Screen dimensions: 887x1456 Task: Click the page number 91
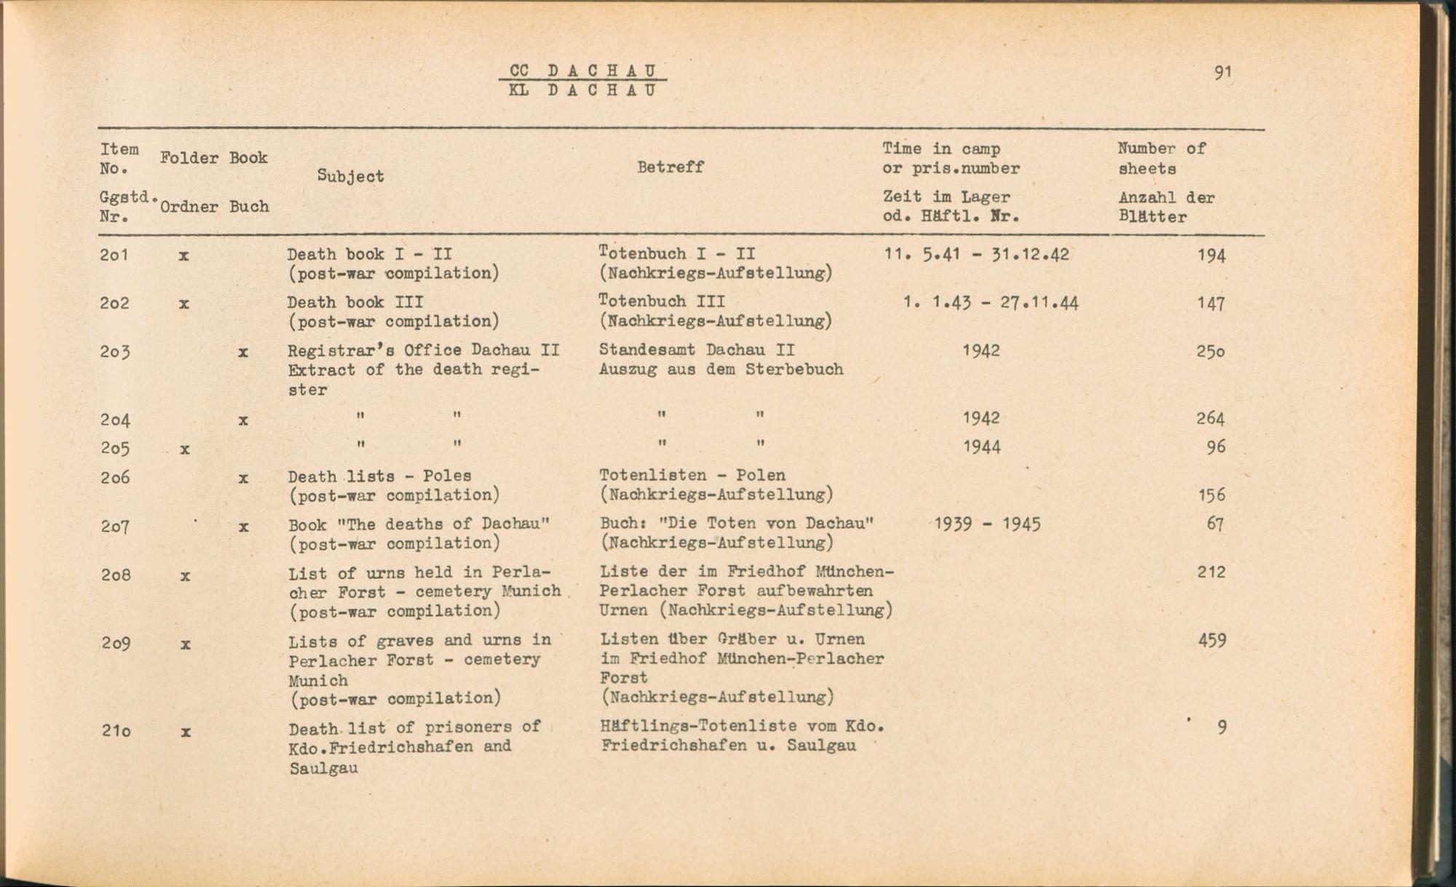[x=1222, y=72]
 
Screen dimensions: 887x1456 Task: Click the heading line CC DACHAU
[x=583, y=71]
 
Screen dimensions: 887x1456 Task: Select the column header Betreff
[x=670, y=167]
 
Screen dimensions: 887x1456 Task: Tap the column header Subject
[x=350, y=176]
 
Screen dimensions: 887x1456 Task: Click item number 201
[x=115, y=255]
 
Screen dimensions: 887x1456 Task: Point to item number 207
[x=116, y=526]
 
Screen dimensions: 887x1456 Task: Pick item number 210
[x=116, y=730]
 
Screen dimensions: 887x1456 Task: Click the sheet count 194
[x=1211, y=256]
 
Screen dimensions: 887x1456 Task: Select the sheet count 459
[x=1211, y=641]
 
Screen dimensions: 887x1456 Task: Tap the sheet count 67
[x=1215, y=524]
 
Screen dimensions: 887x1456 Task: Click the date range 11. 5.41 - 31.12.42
[x=976, y=255]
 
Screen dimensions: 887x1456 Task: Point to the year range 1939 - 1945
[x=987, y=524]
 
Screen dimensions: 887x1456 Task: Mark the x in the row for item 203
[x=243, y=352]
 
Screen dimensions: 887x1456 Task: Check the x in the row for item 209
[x=186, y=644]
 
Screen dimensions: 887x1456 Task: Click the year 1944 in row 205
[x=981, y=447]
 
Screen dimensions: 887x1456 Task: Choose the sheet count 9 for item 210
[x=1222, y=728]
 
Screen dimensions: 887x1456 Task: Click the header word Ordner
[x=189, y=207]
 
